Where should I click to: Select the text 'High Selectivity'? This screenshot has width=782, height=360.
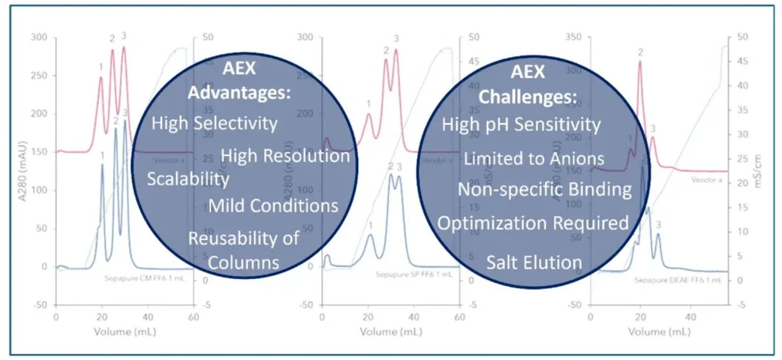(215, 122)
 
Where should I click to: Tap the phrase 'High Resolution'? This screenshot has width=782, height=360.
(285, 155)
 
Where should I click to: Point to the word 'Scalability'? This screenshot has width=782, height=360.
(188, 179)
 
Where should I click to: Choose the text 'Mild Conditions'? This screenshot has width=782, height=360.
(273, 205)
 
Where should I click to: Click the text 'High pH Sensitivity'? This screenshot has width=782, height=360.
(522, 124)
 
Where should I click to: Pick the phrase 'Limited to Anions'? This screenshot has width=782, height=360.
(534, 158)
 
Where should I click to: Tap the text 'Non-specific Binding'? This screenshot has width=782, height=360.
(544, 189)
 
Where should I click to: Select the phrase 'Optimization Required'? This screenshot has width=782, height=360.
(533, 223)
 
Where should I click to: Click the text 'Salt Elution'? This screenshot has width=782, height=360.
(534, 262)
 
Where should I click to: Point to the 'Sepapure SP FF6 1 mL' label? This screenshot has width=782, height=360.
(406, 274)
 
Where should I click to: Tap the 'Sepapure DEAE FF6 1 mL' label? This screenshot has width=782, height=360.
(678, 279)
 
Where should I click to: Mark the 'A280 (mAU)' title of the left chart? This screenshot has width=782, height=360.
(13, 172)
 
